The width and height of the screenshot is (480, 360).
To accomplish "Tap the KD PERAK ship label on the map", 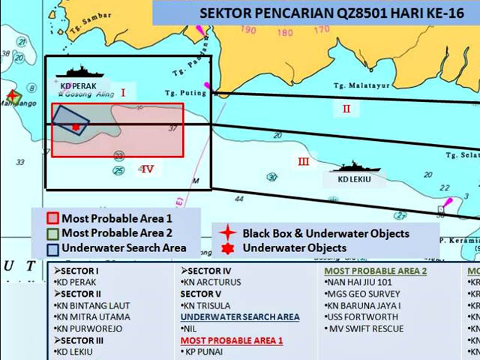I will click(x=78, y=86).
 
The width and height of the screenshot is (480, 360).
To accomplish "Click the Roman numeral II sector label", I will click(x=346, y=109).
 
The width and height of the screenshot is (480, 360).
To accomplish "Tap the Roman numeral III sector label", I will click(x=303, y=161).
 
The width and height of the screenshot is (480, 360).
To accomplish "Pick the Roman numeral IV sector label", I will click(x=147, y=169).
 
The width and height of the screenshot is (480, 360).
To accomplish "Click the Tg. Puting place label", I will click(x=180, y=93).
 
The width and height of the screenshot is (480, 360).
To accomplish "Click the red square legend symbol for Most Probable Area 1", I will click(x=52, y=219).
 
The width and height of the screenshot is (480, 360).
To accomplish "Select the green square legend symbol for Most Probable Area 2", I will click(x=52, y=232).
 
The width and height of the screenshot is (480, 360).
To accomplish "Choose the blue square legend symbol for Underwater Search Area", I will click(x=52, y=247).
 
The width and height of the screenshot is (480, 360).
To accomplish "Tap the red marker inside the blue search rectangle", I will click(x=76, y=127).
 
